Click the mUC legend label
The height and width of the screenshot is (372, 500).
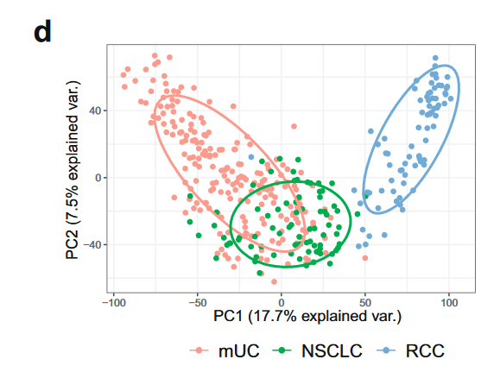tap(234, 351)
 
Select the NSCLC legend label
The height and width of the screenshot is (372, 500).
tap(331, 351)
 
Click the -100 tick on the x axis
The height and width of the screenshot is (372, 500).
tap(113, 303)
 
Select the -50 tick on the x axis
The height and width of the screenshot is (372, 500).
tap(198, 303)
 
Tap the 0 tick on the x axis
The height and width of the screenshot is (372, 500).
tap(282, 303)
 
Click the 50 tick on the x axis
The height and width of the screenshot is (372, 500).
tap(365, 303)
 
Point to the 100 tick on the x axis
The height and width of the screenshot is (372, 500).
tap(449, 303)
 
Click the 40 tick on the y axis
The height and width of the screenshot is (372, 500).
tap(94, 110)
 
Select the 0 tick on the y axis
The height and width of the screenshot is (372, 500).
tap(98, 178)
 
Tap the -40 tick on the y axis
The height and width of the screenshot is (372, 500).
tap(92, 245)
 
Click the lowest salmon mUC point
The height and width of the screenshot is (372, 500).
tap(274, 281)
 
